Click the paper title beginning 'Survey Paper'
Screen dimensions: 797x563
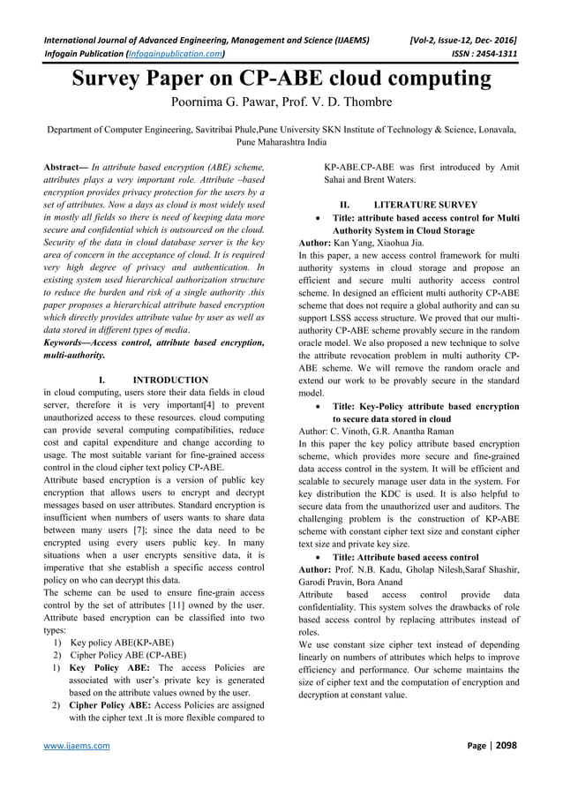281,79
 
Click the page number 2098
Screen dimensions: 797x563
504,745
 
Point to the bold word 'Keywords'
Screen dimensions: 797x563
69,342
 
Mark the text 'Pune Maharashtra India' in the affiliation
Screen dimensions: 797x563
281,141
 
